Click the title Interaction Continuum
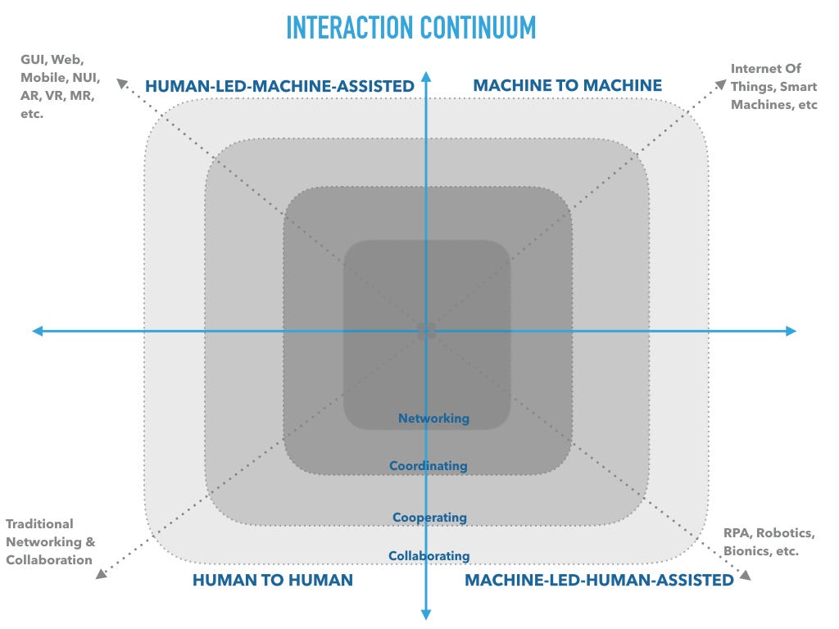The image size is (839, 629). click(x=410, y=27)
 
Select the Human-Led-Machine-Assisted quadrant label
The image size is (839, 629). click(x=279, y=86)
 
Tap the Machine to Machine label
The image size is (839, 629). click(x=568, y=85)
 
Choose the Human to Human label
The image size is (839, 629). click(x=273, y=580)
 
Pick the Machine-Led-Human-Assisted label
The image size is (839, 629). click(x=599, y=580)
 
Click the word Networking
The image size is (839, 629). click(x=433, y=419)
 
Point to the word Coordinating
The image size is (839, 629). click(x=429, y=466)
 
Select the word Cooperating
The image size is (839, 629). click(x=429, y=518)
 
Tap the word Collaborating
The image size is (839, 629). click(x=429, y=556)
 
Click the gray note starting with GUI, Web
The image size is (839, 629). click(x=60, y=86)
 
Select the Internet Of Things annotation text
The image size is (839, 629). click(x=773, y=87)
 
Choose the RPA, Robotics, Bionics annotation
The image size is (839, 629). click(x=769, y=542)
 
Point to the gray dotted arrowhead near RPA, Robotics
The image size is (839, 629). click(x=745, y=576)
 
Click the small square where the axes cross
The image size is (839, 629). click(x=426, y=331)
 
